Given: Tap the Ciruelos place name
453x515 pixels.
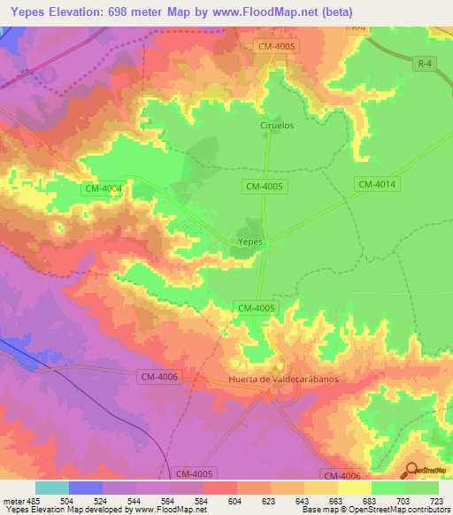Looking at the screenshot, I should point(276,126).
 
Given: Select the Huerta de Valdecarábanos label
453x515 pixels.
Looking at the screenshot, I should point(283,379).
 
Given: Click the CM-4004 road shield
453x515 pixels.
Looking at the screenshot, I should point(104,188).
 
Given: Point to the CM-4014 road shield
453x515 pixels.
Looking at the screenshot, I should point(378,184).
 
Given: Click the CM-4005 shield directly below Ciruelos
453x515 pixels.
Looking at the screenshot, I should point(264,185).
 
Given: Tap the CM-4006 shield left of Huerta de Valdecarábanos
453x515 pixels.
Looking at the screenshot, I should point(159,377).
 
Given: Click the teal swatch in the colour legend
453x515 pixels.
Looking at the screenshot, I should point(51,488).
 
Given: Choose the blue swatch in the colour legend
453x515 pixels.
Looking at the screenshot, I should point(85,488).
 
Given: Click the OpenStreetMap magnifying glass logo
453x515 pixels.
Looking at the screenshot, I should point(411,470).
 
